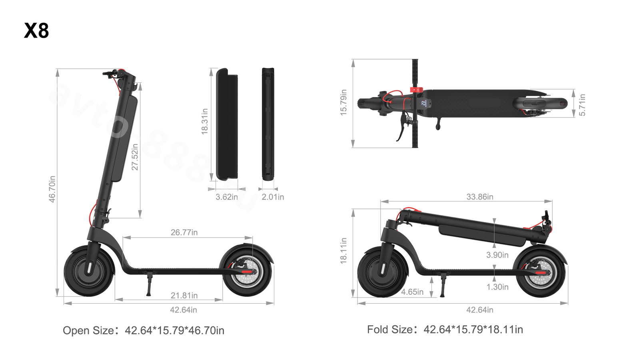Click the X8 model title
[x=36, y=30]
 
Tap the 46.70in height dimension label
[x=52, y=189]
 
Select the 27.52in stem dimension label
[x=135, y=157]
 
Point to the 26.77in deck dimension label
[x=184, y=232]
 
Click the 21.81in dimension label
[x=184, y=295]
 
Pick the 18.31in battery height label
[x=205, y=121]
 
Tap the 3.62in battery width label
[x=227, y=197]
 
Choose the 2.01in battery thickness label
[x=273, y=197]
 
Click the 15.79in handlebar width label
[x=343, y=102]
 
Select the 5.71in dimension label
[x=582, y=105]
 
